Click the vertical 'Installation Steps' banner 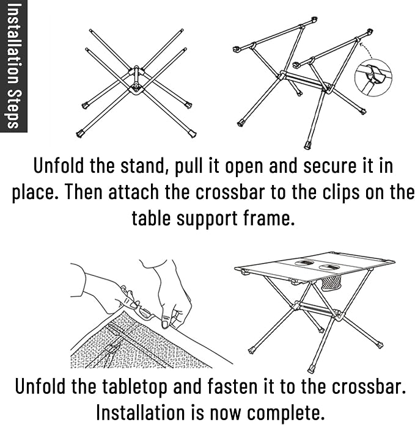[13, 66]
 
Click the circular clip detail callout [373, 78]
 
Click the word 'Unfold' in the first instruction [59, 165]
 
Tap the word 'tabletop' [135, 387]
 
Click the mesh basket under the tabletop [331, 283]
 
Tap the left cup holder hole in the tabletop [305, 263]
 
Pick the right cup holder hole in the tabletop [329, 267]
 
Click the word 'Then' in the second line [84, 192]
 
